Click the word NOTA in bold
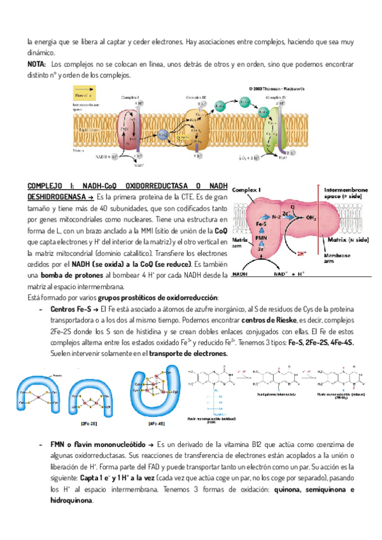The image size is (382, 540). tap(36, 65)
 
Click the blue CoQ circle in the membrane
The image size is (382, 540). tap(163, 134)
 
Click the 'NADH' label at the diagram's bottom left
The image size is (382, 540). tap(241, 274)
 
